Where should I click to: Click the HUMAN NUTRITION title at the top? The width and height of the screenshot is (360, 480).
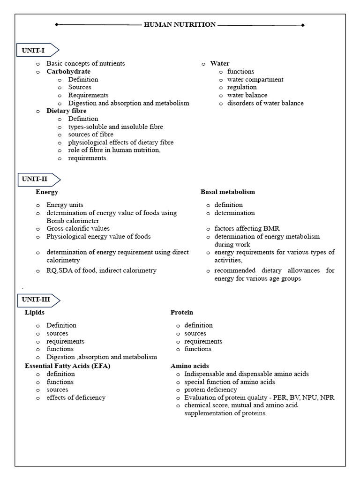tap(180, 24)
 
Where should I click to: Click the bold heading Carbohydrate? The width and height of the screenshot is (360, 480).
tap(68, 71)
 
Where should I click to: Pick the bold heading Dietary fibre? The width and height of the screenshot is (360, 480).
tap(66, 111)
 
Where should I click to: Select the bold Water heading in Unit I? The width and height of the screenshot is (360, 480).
tap(220, 63)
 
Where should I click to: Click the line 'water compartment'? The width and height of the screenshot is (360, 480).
tap(255, 79)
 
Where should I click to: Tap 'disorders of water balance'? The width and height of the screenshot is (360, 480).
tap(265, 103)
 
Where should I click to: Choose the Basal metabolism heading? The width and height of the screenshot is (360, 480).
tap(228, 192)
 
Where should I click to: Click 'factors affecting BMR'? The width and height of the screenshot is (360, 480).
tap(247, 229)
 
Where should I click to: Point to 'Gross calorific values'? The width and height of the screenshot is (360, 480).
tap(78, 229)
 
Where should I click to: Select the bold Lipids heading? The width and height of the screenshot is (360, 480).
tap(35, 312)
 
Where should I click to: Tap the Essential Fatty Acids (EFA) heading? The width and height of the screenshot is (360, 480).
tap(67, 366)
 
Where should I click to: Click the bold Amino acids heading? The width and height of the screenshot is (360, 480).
tap(190, 366)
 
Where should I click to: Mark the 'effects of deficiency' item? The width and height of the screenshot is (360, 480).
tap(76, 397)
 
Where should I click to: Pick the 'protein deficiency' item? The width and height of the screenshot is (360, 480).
tap(210, 390)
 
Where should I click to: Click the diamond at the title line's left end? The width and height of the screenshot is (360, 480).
tap(57, 25)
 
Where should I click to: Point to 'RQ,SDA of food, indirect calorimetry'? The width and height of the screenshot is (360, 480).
tap(101, 270)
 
